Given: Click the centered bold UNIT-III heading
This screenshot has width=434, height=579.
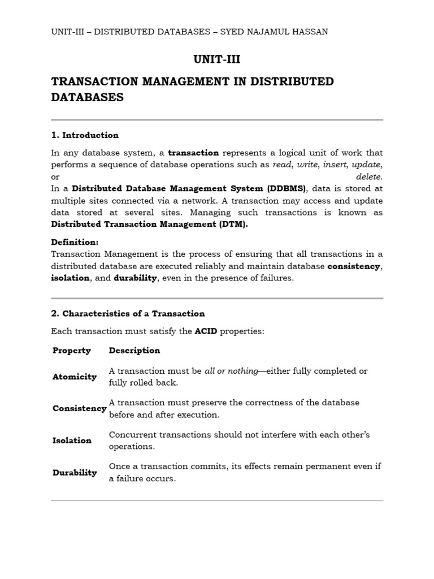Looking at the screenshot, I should click(x=217, y=59).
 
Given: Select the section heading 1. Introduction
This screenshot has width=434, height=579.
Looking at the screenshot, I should click(x=85, y=135).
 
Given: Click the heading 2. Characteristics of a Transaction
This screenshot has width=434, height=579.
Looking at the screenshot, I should click(x=128, y=313).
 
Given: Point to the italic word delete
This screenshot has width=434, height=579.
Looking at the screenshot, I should click(x=369, y=176).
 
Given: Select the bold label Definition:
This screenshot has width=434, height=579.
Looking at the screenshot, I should click(x=75, y=242).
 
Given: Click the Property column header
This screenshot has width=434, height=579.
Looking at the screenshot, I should click(x=72, y=351).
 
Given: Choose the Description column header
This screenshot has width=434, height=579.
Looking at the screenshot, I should click(x=134, y=351).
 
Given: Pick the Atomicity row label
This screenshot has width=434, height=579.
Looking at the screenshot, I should click(x=75, y=377).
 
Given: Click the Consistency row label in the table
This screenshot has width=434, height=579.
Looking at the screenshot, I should click(x=79, y=408).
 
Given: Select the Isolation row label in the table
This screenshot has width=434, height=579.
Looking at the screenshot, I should click(x=72, y=440).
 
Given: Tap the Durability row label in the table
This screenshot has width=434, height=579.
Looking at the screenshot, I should click(x=75, y=473).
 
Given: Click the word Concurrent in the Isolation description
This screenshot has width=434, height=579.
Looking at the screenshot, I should click(x=132, y=435).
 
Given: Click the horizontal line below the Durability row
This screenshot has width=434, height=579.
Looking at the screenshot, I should click(x=217, y=500).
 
